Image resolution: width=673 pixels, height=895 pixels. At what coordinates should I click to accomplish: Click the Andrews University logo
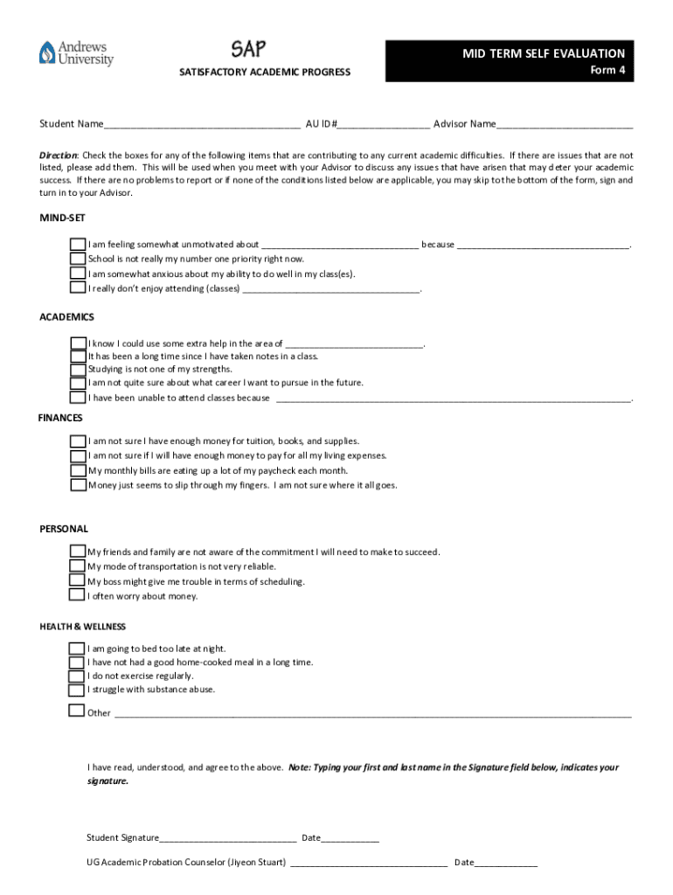point(75,53)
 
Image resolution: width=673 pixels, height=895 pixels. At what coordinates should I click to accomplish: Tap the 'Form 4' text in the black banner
point(607,71)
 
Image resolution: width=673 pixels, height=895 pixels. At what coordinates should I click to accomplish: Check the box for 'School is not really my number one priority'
point(78,260)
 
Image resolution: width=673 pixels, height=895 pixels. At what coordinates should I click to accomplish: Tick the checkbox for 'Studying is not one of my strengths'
point(78,369)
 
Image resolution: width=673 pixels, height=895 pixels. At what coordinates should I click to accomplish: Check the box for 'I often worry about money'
point(78,595)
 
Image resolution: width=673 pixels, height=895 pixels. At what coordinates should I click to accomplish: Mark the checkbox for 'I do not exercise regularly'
point(78,676)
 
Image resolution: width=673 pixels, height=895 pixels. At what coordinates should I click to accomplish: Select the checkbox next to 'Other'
point(77,711)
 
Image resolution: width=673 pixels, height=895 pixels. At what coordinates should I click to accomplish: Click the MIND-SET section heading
point(62,218)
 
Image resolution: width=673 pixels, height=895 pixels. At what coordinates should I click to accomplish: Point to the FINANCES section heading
point(60,418)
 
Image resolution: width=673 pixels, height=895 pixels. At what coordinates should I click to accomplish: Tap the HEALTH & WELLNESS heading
point(83,627)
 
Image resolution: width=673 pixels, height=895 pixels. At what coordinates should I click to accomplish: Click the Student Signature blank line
point(228,838)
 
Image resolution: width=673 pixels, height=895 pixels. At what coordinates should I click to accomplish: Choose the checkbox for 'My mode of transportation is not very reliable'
point(78,566)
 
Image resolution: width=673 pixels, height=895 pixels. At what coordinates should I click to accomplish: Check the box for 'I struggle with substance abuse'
point(78,690)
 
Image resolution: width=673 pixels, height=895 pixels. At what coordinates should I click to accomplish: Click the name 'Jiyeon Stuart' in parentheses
point(256,863)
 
